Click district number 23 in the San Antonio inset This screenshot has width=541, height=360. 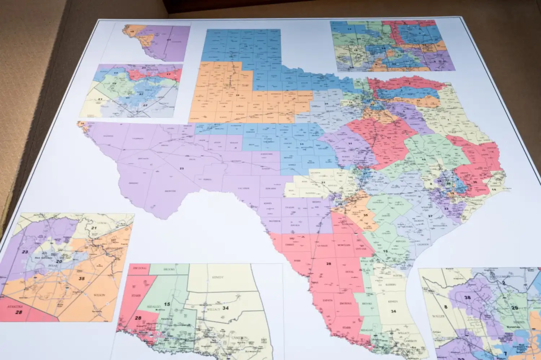click(25, 252)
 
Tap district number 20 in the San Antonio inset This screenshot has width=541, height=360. click(59, 261)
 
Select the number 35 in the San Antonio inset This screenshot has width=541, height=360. click(81, 278)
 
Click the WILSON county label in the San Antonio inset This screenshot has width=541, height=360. click(99, 294)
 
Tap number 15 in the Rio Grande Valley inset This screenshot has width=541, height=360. click(166, 304)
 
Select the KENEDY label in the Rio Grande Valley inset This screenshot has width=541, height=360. click(219, 276)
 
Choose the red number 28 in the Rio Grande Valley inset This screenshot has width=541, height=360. click(138, 318)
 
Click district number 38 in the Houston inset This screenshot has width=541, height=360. click(467, 297)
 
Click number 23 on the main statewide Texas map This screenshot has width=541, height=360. click(181, 168)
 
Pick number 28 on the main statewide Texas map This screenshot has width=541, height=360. click(328, 263)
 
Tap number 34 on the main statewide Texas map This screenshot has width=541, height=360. click(393, 311)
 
